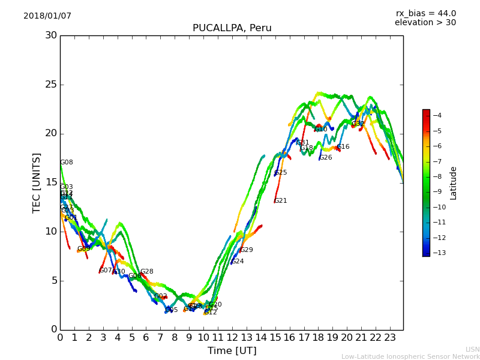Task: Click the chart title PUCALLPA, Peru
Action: pos(232,28)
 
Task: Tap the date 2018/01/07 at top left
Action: pos(47,16)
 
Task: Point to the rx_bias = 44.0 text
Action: pos(425,14)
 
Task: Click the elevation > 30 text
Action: pos(425,23)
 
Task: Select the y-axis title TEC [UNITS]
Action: pos(37,182)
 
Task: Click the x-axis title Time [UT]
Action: pos(232,350)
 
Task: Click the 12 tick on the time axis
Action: pos(232,338)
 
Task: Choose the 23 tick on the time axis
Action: pos(390,338)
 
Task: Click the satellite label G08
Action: pos(67,163)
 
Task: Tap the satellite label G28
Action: pos(147,272)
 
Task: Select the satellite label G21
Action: pos(281,201)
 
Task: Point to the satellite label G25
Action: pos(281,173)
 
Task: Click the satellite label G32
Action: pos(358,124)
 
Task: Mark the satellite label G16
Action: pos(343,147)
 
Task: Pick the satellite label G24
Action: pos(238,262)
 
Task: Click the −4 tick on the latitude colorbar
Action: pos(437,115)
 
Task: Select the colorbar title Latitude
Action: pos(454,183)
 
